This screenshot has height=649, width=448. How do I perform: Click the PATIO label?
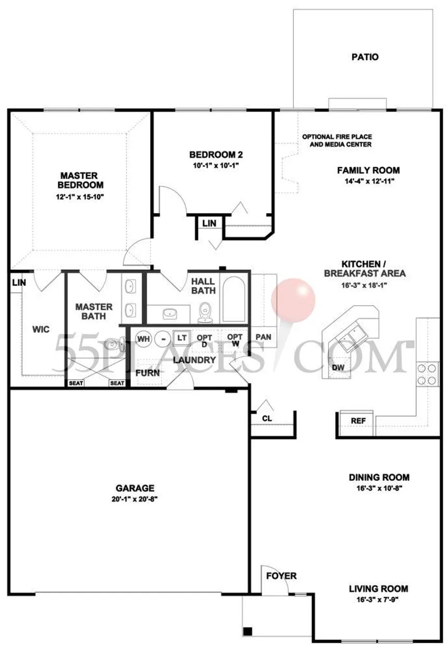365,57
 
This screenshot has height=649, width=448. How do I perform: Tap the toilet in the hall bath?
205,313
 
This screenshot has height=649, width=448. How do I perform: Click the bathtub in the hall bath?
233,300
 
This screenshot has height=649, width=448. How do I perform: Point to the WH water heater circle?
144,339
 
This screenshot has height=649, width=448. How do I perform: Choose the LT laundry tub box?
182,338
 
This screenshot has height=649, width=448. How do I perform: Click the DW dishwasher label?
338,368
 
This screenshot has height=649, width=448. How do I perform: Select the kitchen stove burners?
426,374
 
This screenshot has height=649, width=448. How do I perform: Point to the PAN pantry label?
264,337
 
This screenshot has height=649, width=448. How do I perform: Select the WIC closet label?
41,329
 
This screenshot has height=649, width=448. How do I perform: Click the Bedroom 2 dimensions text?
216,166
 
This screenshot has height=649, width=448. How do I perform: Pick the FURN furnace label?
147,373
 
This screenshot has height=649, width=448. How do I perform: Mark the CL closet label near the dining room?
267,418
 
